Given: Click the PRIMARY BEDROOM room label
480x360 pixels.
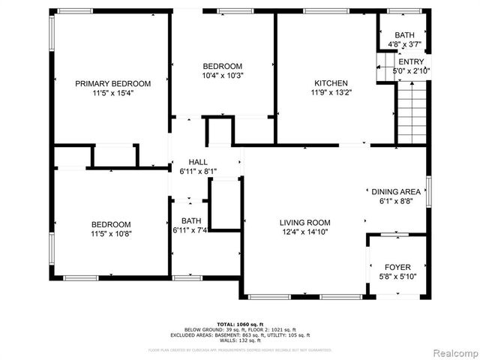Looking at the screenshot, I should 112,83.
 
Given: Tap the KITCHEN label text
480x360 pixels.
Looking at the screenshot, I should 330,83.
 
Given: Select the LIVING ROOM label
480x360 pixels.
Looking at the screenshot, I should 305,222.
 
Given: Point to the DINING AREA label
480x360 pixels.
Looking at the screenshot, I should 395,192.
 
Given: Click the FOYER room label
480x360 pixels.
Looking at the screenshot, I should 397,267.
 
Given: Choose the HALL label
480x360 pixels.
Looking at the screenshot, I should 198,162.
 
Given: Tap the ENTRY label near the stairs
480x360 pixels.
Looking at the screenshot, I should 411,61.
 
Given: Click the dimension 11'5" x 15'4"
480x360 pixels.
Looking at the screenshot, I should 112,93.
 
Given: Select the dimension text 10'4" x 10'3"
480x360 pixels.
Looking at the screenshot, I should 223,75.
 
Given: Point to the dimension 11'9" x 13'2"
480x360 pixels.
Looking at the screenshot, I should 330,93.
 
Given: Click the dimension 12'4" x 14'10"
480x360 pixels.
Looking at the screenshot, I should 305,232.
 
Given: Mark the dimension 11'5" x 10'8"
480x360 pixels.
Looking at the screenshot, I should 111,234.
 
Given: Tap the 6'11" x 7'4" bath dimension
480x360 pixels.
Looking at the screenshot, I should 189,230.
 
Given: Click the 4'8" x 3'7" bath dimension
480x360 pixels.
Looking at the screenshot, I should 405,44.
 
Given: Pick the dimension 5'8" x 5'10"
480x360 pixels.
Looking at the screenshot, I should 397,277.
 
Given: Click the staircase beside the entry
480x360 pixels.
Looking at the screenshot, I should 411,109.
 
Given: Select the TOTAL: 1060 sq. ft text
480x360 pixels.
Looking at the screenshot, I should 238,324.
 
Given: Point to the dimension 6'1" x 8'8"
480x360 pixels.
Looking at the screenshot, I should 395,202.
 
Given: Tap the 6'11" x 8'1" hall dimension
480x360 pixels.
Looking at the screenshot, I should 198,172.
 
